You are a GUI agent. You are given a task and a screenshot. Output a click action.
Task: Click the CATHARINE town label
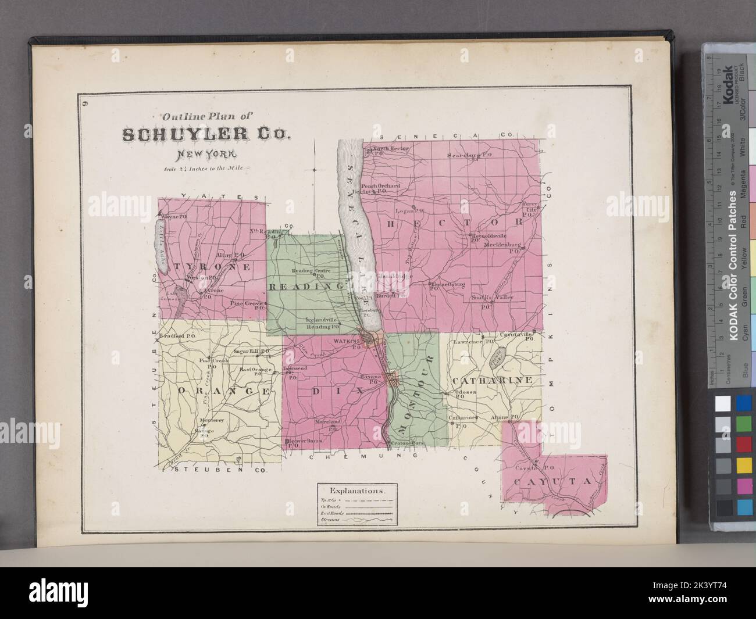(x=492, y=380)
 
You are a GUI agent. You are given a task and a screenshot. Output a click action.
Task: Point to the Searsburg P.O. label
(x=470, y=155)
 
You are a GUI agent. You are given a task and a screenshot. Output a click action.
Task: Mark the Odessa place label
(x=465, y=393)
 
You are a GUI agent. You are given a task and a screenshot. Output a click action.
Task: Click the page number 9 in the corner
(x=85, y=105)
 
